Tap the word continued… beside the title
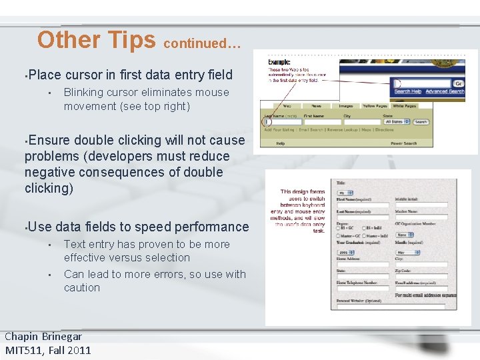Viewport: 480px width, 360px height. coord(202,43)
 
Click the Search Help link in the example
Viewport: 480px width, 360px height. coord(407,91)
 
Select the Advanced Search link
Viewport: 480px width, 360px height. coord(445,91)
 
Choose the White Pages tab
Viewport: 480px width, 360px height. coord(405,106)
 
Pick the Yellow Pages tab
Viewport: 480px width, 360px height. coord(375,106)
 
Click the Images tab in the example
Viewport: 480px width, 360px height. coord(345,106)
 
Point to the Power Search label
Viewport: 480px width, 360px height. coord(403,143)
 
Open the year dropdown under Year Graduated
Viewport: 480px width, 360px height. coord(347,253)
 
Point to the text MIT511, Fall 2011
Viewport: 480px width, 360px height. coord(48,350)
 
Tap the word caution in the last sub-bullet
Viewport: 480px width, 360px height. coord(82,288)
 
